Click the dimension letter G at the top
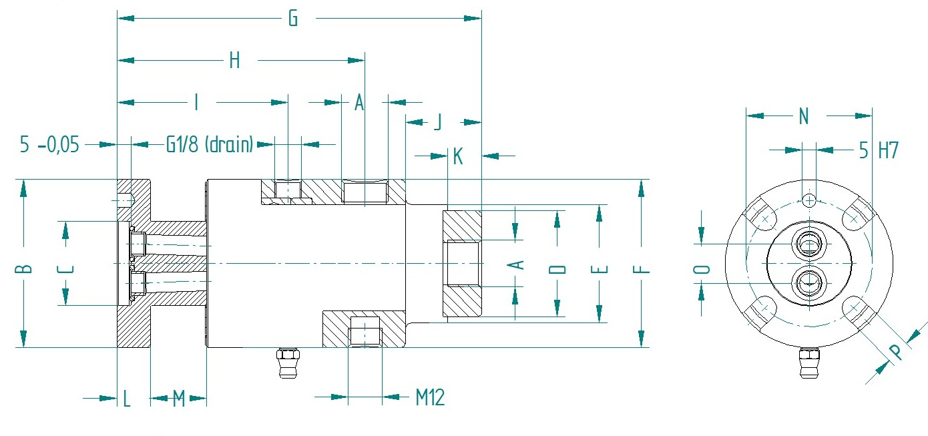(293, 19)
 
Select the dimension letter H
(234, 61)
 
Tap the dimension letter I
(196, 102)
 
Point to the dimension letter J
(438, 122)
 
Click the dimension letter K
(458, 157)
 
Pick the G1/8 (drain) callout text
(210, 145)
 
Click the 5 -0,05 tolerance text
(49, 145)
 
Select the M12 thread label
(431, 397)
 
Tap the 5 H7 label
(879, 150)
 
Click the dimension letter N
(804, 116)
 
